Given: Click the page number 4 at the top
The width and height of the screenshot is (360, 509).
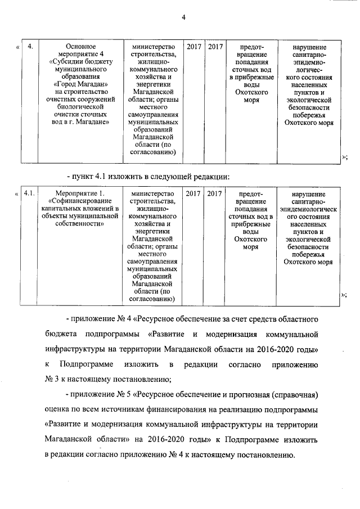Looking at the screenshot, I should coord(183,17).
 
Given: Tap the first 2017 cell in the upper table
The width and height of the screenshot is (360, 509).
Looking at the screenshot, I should coord(193,46).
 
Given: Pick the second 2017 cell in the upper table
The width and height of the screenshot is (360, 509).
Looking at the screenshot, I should coord(215,46).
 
